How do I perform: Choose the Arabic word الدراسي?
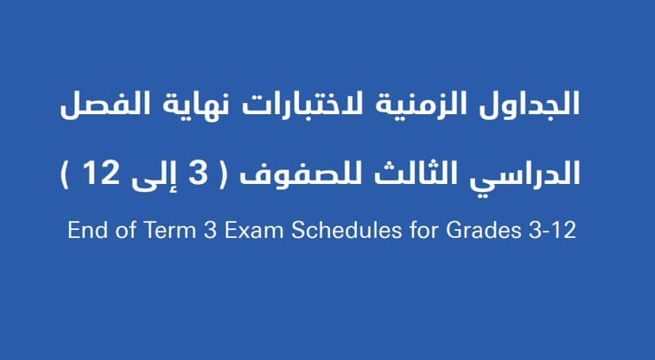point(524,174)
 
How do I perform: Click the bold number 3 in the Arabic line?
point(198,173)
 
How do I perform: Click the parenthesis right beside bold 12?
point(66,174)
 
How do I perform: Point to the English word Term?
point(170,229)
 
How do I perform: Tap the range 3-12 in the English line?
point(552,230)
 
